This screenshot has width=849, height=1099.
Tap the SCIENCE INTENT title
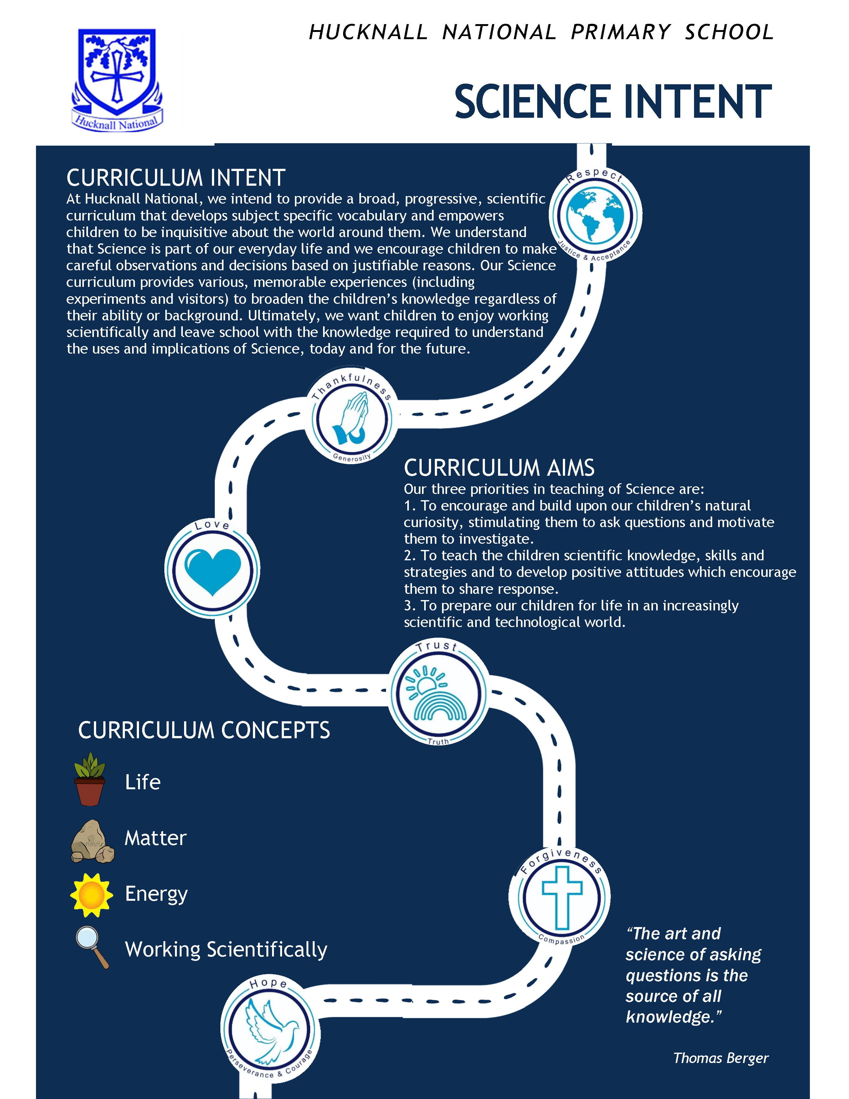click(613, 102)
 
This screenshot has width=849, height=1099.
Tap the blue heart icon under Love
click(213, 571)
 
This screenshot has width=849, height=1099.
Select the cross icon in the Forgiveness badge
click(561, 898)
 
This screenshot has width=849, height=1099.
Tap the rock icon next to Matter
click(92, 841)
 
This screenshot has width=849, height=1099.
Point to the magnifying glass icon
click(92, 946)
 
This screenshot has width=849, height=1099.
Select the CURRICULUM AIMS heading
click(499, 468)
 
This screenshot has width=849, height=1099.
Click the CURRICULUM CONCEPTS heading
click(204, 730)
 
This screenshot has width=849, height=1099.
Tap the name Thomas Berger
click(720, 1058)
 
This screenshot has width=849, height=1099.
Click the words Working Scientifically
click(226, 950)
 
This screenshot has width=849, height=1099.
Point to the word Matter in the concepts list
click(155, 838)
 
